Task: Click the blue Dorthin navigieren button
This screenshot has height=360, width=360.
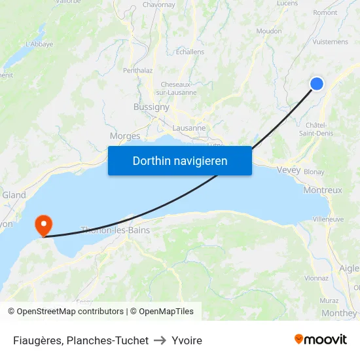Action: click(179, 160)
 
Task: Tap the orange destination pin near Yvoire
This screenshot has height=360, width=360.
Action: click(43, 225)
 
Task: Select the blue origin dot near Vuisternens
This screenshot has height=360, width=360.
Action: click(316, 83)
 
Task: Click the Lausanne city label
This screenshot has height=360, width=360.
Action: click(189, 128)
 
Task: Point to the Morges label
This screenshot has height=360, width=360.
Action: click(125, 136)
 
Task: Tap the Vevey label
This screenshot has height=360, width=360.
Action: click(289, 170)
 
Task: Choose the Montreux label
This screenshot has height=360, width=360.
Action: click(323, 190)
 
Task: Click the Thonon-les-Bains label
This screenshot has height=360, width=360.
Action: click(115, 230)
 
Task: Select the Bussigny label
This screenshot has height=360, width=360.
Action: click(151, 107)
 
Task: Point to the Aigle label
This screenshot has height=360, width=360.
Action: click(349, 268)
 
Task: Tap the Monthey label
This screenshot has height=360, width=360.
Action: click(339, 313)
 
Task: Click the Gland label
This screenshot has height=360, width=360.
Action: click(14, 195)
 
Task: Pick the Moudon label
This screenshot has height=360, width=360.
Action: click(268, 31)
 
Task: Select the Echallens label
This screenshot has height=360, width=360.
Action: click(190, 52)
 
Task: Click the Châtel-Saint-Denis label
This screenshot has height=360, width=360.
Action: click(314, 129)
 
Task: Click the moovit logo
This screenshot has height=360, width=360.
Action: click(320, 339)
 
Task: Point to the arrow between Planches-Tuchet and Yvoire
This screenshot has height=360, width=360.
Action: click(160, 340)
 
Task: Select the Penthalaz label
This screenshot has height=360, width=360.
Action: click(137, 70)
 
